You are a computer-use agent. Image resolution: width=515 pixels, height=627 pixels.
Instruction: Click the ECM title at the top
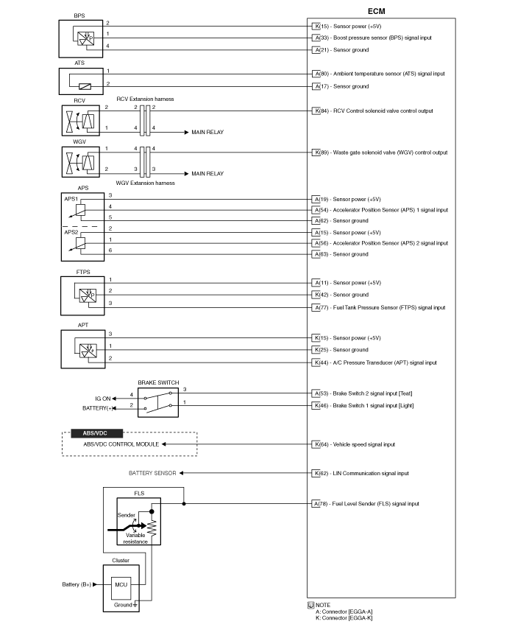(376, 11)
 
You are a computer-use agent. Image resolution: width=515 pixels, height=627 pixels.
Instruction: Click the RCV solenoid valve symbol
(81, 120)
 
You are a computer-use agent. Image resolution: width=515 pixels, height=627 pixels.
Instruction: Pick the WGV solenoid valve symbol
(81, 162)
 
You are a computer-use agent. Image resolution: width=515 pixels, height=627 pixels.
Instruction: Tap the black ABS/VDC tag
(96, 433)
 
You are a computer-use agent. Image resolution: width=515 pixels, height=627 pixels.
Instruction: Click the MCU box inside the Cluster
(121, 584)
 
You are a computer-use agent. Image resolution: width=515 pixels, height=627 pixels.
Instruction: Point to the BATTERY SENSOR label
(152, 473)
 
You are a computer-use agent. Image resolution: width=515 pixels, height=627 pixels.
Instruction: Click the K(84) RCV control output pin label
(372, 111)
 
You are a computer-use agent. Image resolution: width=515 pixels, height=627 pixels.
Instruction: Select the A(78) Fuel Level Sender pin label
(366, 504)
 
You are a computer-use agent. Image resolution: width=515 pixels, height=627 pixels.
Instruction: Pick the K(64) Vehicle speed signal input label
(354, 444)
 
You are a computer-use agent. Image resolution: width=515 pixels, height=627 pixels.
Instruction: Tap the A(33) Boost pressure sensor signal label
(372, 38)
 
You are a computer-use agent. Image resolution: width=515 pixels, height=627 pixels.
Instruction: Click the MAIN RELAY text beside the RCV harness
(207, 133)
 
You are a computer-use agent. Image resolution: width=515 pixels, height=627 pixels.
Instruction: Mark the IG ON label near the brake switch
(102, 399)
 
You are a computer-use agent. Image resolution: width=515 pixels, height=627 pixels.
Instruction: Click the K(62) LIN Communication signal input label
(360, 474)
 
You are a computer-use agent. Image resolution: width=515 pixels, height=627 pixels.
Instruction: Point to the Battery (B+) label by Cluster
(77, 584)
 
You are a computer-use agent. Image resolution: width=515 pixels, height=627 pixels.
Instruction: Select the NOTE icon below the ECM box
(311, 606)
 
